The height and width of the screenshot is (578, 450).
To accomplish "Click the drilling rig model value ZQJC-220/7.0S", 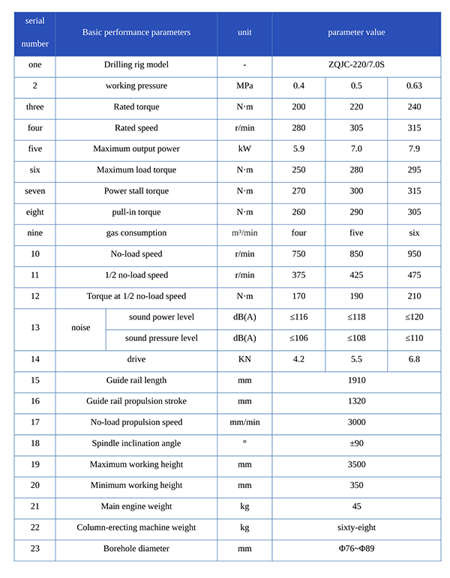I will [356, 65].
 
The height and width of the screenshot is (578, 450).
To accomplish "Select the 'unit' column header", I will [244, 33].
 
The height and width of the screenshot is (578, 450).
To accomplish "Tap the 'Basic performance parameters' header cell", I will [136, 33].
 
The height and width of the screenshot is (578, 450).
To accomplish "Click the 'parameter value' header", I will [356, 33].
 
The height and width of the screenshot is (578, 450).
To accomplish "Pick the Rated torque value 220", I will [356, 107].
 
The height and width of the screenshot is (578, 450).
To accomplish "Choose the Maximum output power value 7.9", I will [414, 149].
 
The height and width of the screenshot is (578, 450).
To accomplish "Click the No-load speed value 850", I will [356, 254].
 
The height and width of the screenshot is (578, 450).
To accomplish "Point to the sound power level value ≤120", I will [414, 317].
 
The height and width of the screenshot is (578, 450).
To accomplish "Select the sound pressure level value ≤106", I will [298, 338].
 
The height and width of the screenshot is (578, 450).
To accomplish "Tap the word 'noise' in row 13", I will [80, 328].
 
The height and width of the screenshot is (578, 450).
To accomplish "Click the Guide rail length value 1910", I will [356, 380].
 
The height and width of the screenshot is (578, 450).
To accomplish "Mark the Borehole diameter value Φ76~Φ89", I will [356, 549].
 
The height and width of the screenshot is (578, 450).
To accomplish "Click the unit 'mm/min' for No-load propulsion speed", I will [244, 422].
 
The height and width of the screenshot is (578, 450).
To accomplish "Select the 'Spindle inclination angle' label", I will [136, 443].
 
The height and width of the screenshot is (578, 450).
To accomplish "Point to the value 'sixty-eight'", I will [356, 527].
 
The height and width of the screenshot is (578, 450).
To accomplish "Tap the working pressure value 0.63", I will [414, 86].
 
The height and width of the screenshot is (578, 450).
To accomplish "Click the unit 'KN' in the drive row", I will [244, 359].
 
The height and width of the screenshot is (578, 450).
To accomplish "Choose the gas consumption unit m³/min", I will [244, 233].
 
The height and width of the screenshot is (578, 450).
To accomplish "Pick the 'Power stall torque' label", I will [136, 191].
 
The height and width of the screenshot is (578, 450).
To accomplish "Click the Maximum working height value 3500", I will [356, 465].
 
